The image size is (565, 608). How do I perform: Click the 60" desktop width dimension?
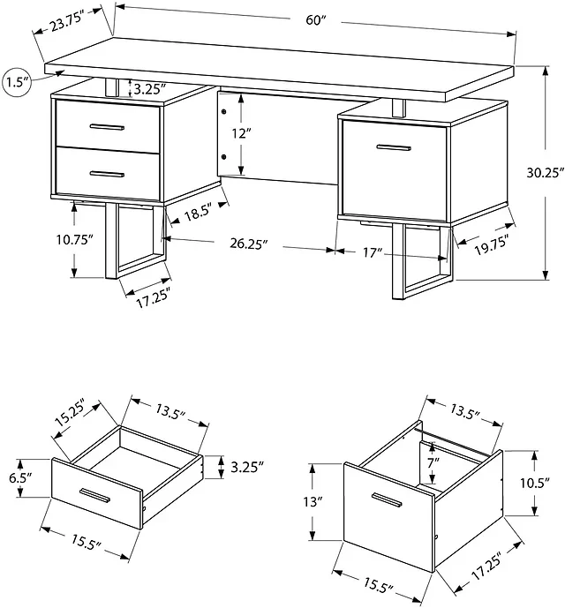(314, 20)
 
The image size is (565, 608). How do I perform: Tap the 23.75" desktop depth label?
(67, 22)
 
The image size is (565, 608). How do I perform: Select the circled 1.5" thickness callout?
(16, 83)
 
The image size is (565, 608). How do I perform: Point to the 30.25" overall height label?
(545, 173)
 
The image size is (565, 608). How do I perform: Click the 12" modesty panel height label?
(241, 134)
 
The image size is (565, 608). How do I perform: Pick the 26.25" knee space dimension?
(249, 244)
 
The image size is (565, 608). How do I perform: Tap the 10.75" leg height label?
(74, 240)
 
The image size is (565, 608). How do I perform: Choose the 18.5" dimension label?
(199, 212)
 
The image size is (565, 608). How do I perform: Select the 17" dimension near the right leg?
(373, 252)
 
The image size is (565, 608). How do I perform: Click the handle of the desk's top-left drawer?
(107, 127)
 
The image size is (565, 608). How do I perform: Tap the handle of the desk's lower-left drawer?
(107, 174)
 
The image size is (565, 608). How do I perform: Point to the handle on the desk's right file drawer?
(394, 147)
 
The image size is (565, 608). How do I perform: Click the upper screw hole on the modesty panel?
(223, 112)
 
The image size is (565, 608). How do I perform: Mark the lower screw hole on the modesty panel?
(223, 157)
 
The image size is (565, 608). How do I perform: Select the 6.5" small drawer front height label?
(19, 477)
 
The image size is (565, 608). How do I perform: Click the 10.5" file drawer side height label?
(535, 484)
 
